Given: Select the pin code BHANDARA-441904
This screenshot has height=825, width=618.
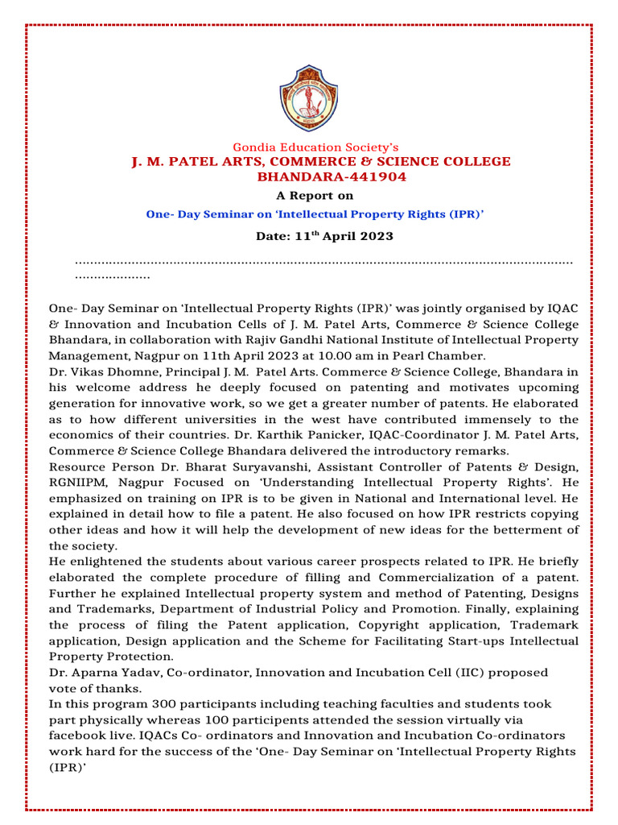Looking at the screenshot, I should [x=321, y=176].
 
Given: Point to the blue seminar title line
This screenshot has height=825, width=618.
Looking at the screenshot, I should [x=315, y=214].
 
